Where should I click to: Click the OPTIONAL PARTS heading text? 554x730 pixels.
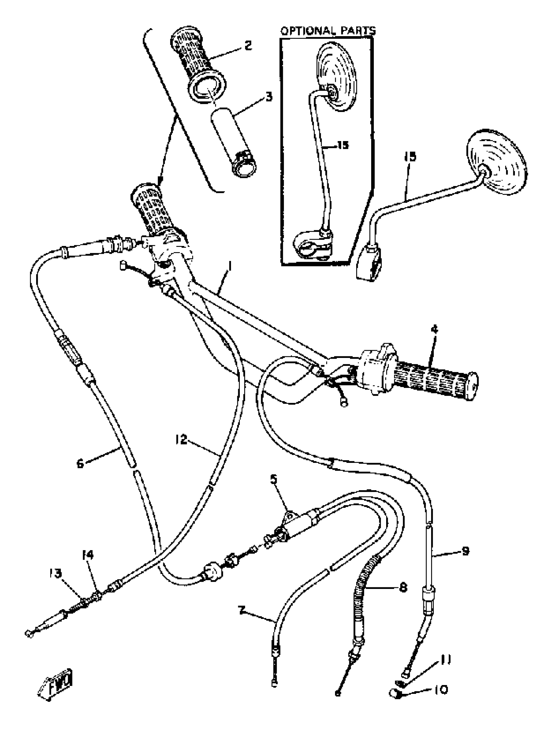[x=328, y=31]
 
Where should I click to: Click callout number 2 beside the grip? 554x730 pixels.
[x=248, y=45]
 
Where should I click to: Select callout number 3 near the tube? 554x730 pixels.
[x=269, y=97]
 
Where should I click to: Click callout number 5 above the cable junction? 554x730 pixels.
[x=274, y=479]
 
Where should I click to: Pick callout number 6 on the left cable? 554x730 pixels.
[x=80, y=463]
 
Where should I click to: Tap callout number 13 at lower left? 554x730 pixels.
[x=55, y=574]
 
